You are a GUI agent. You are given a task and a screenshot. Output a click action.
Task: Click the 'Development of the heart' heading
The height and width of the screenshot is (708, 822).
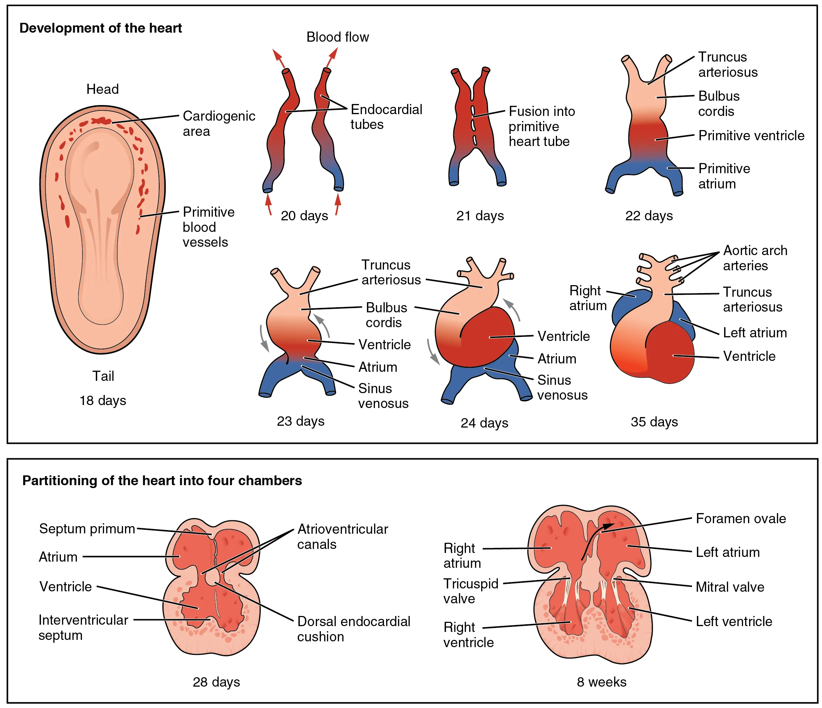(x=100, y=28)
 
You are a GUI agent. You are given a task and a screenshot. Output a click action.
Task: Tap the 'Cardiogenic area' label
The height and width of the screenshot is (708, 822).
(x=219, y=123)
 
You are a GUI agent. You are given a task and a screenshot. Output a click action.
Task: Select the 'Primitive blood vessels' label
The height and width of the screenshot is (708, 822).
(x=208, y=227)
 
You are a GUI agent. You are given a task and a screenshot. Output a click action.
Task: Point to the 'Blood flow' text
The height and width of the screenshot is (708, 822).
(x=337, y=37)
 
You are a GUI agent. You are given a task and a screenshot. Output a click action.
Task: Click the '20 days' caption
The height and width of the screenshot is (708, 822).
(x=304, y=216)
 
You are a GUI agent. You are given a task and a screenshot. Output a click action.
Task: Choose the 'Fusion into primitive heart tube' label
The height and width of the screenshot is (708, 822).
(x=541, y=126)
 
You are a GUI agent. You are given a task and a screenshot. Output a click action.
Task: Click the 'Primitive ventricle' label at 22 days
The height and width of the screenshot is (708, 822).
(x=751, y=136)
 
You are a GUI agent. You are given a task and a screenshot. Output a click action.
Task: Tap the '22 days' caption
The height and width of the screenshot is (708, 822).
(x=649, y=216)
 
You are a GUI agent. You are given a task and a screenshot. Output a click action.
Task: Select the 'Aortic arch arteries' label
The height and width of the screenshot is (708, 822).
(x=755, y=258)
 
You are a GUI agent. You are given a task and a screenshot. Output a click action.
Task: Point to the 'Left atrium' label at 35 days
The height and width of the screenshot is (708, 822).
(x=755, y=333)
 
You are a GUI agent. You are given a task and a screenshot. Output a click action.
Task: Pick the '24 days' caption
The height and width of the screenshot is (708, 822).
(x=484, y=423)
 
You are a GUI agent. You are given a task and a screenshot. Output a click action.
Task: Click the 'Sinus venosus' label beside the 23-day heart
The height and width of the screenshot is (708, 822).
(x=383, y=396)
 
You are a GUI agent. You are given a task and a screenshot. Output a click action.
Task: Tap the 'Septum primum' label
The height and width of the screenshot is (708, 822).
(x=87, y=529)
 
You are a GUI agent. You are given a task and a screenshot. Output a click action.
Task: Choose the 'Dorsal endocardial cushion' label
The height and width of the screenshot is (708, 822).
(x=353, y=629)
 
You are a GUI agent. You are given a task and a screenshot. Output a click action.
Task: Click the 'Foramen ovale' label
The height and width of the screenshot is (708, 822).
(x=740, y=518)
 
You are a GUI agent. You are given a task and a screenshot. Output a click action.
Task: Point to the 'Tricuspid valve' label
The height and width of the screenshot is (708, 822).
(x=471, y=591)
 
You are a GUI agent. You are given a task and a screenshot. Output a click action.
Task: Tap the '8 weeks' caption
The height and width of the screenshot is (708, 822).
(x=602, y=682)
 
